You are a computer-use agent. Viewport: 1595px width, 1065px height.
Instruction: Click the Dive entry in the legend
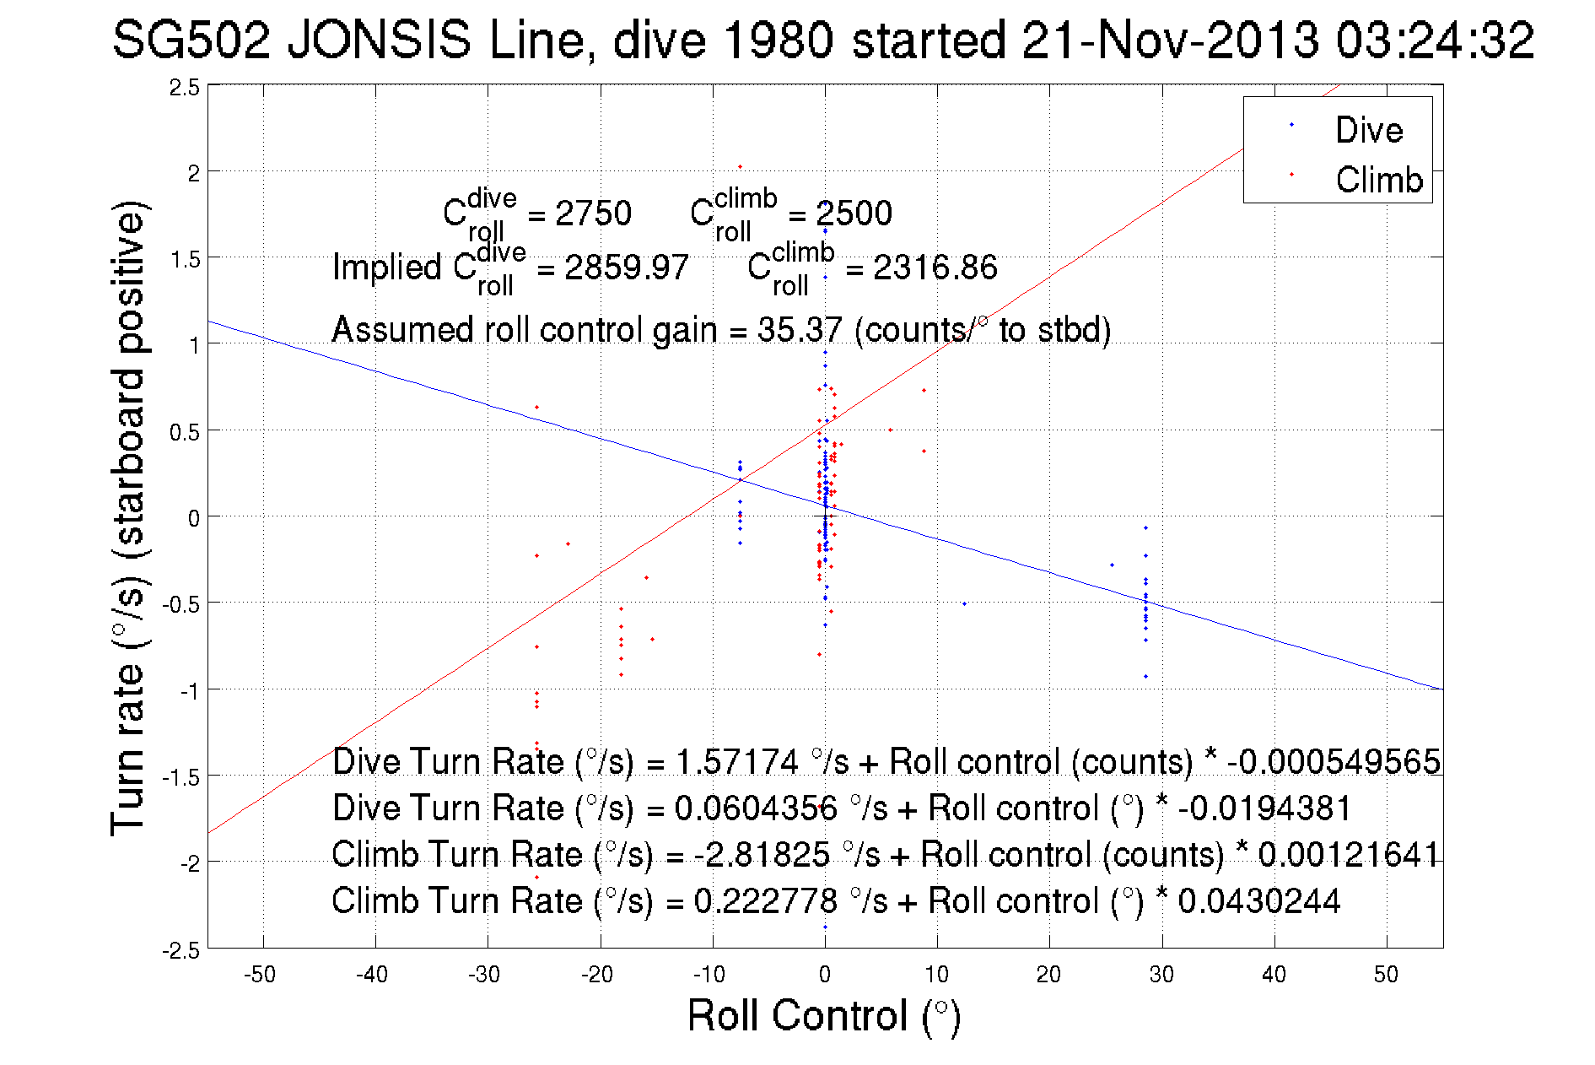click(1368, 130)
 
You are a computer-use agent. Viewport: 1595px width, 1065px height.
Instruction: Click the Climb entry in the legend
click(1378, 180)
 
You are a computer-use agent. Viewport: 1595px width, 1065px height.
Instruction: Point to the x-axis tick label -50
click(260, 975)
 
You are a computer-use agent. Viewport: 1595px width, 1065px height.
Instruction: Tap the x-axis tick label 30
click(1161, 975)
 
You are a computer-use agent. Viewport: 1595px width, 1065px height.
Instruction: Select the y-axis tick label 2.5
click(185, 88)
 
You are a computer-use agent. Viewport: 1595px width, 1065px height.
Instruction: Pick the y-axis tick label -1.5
click(181, 777)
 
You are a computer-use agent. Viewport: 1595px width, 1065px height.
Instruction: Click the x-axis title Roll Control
click(823, 1015)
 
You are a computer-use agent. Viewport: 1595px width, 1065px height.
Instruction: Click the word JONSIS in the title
click(379, 40)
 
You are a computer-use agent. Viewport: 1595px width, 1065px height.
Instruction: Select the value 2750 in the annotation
click(593, 214)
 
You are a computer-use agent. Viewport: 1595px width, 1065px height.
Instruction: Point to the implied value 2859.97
click(626, 268)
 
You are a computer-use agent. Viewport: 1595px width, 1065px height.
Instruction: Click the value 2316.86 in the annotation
click(935, 268)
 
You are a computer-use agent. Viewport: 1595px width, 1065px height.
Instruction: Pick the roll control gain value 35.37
click(799, 329)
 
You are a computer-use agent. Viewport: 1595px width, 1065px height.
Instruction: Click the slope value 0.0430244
click(1258, 900)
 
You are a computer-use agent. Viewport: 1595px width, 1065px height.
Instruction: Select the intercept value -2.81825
click(762, 854)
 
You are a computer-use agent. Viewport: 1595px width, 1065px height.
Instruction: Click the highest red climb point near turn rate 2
click(741, 166)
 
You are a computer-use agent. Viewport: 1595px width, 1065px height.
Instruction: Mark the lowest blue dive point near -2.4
click(825, 927)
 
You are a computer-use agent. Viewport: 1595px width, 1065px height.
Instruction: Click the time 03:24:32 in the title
click(1435, 40)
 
